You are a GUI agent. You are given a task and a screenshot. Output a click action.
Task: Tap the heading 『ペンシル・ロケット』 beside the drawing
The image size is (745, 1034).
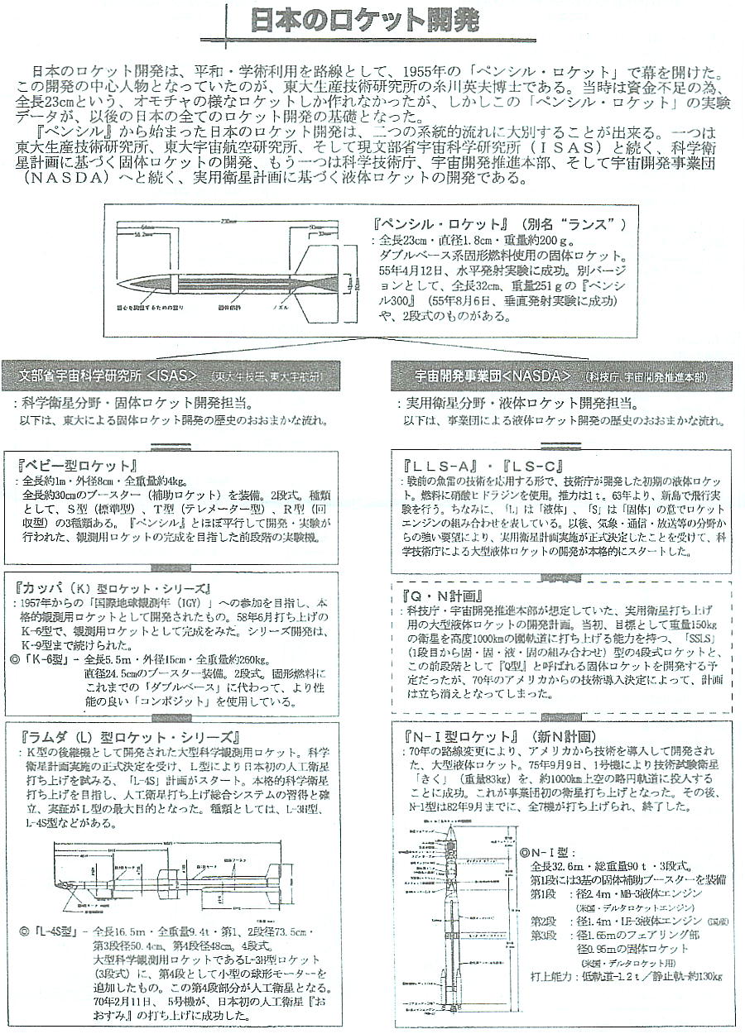pyautogui.click(x=439, y=225)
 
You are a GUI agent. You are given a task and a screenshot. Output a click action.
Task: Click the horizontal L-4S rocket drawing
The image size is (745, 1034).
pyautogui.click(x=182, y=877)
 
